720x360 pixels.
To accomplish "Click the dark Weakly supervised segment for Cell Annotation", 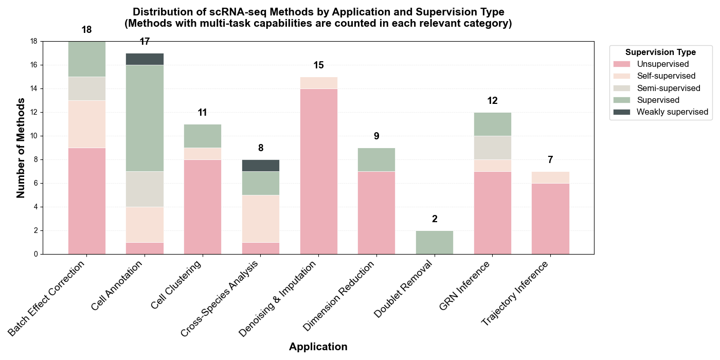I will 145,59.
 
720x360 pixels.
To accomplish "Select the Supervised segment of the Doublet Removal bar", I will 434,242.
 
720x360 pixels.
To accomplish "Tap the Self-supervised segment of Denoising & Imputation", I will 318,83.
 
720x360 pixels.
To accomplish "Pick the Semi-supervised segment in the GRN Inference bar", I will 492,148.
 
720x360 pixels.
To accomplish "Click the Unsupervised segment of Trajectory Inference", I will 550,219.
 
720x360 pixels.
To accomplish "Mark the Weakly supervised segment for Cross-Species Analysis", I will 261,165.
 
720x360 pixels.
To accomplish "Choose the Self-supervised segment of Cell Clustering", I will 203,154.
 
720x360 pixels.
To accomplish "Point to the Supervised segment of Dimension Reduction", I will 376,159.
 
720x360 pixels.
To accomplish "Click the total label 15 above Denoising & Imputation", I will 318,65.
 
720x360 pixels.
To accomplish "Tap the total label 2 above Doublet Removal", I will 435,219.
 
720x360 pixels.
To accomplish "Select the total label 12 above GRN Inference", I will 492,101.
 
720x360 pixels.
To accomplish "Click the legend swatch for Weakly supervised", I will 622,112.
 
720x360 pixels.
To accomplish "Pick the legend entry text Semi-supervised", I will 668,88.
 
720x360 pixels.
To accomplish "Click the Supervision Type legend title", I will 660,52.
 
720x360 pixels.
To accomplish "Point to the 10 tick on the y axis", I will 34,136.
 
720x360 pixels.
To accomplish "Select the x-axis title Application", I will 318,347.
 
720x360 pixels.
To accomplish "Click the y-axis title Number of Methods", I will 21,148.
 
